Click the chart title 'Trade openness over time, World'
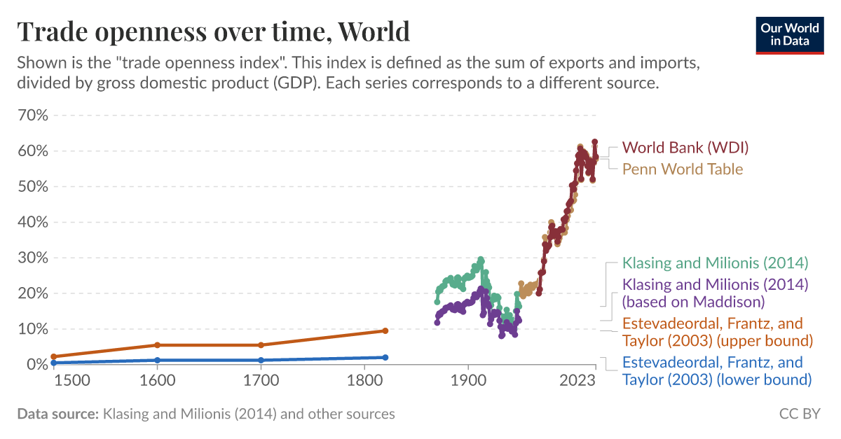click(x=213, y=32)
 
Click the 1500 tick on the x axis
click(x=71, y=381)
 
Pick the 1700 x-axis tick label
click(x=261, y=381)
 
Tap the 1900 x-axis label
click(x=468, y=381)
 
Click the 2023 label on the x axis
click(x=577, y=381)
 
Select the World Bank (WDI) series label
click(x=685, y=148)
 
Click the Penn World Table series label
click(x=682, y=169)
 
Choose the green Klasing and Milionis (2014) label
click(x=715, y=263)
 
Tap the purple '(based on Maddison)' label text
click(x=693, y=302)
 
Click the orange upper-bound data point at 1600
click(x=157, y=345)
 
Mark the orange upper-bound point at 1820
click(x=385, y=330)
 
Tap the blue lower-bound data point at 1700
click(x=261, y=360)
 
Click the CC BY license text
click(x=799, y=414)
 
